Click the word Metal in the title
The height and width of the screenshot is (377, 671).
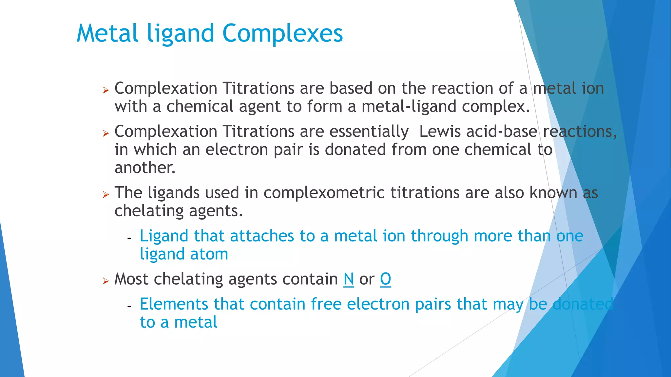pyautogui.click(x=107, y=33)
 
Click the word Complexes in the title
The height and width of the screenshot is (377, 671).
pyautogui.click(x=282, y=33)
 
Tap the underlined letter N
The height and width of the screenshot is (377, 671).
pyautogui.click(x=349, y=279)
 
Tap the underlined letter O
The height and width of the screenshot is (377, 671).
pyautogui.click(x=385, y=279)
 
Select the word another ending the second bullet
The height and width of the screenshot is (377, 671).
pyautogui.click(x=145, y=168)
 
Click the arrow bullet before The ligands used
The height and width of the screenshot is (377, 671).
pyautogui.click(x=105, y=195)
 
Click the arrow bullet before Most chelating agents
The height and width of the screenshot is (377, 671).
pyautogui.click(x=105, y=281)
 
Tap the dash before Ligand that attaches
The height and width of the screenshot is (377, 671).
pyautogui.click(x=129, y=238)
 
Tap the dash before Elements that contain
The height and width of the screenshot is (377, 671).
pyautogui.click(x=129, y=307)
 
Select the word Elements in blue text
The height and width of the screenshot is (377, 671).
pyautogui.click(x=174, y=304)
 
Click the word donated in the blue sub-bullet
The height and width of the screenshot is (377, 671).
pyautogui.click(x=583, y=304)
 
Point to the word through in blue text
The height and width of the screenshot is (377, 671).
pyautogui.click(x=439, y=236)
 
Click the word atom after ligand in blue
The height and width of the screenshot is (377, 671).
pyautogui.click(x=209, y=254)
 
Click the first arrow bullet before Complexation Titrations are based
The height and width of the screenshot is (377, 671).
pyautogui.click(x=105, y=90)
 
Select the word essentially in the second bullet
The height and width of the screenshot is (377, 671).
pyautogui.click(x=369, y=132)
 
